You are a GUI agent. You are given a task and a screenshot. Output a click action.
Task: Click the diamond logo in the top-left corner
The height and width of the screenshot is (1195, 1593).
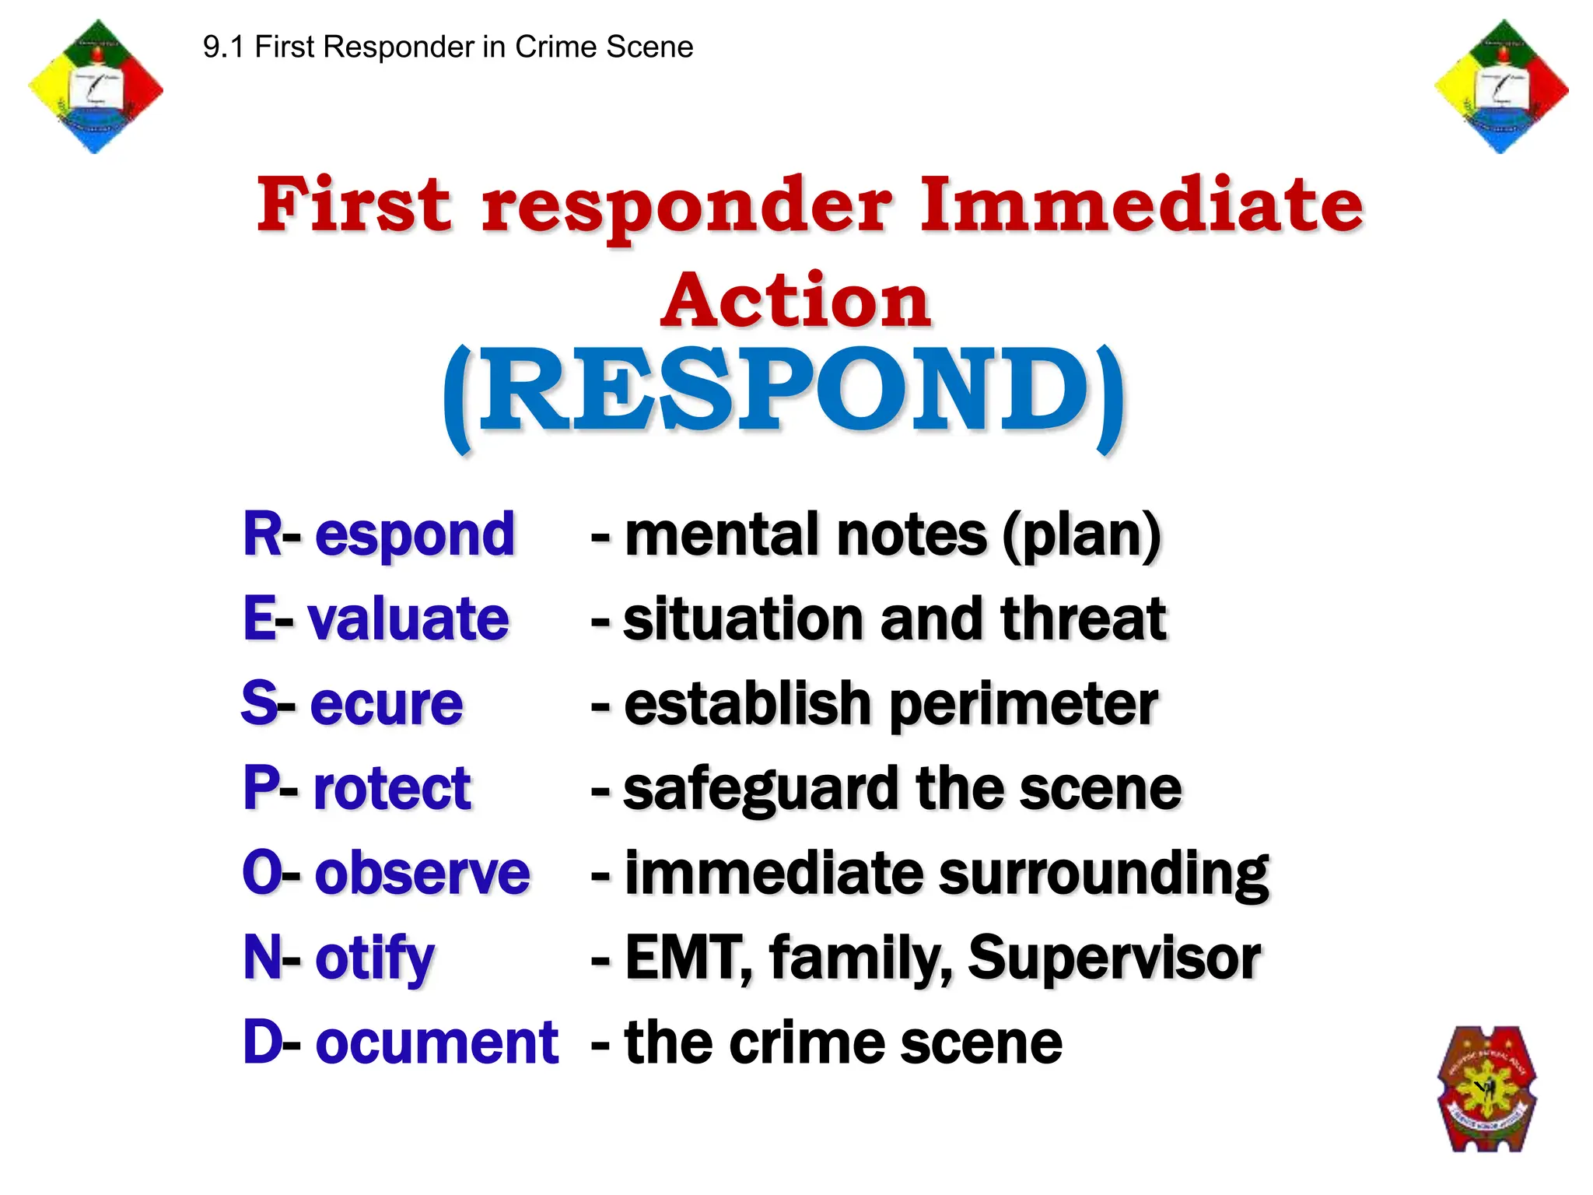tap(95, 86)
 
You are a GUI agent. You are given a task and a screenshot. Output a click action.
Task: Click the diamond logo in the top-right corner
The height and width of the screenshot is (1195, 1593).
tap(1501, 86)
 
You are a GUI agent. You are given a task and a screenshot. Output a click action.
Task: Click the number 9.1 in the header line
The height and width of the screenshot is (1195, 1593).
tap(224, 47)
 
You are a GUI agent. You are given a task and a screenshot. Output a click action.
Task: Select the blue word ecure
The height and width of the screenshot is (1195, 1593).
tap(387, 703)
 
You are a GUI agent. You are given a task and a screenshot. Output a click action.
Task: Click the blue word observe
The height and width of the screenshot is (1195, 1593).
tap(422, 872)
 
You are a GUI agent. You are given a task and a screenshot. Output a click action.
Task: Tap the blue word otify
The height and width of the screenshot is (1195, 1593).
tap(374, 958)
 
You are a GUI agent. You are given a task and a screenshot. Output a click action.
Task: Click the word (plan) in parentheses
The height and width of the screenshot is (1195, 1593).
tap(1082, 535)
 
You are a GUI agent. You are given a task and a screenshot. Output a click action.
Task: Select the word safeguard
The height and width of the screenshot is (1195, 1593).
tap(761, 789)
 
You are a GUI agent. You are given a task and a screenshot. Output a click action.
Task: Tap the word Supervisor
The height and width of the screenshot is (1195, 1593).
tap(1114, 958)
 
